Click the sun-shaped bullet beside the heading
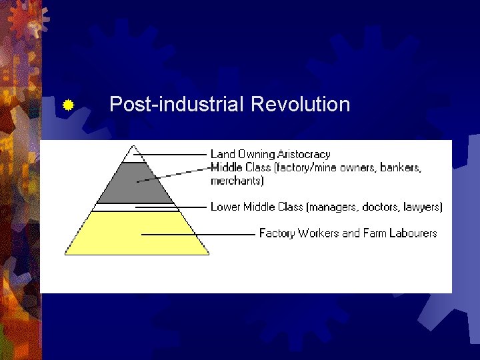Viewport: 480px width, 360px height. pos(67,105)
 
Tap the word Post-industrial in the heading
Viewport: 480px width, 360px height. pos(177,105)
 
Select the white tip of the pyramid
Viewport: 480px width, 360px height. pos(133,154)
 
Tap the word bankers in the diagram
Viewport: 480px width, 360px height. pos(401,167)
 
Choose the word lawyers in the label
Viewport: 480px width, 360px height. pos(421,207)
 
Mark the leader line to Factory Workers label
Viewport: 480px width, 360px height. pos(200,234)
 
